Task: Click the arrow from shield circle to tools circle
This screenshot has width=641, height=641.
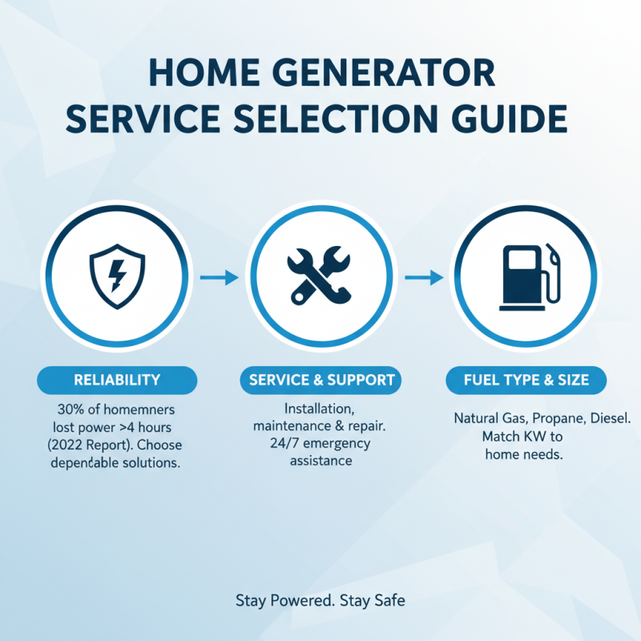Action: tap(218, 277)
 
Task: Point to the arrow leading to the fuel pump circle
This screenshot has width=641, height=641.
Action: tap(423, 277)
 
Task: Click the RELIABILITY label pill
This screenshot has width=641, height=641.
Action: tap(117, 380)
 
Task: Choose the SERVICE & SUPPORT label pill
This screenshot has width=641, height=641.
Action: tap(321, 380)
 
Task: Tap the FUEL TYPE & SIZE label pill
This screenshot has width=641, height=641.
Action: tap(524, 380)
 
